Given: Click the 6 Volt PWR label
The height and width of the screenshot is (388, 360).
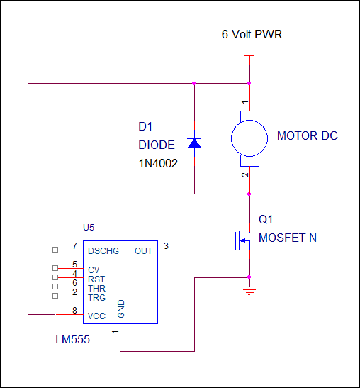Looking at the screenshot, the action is click(252, 34).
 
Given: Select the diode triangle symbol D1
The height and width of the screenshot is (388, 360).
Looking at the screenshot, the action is click(194, 143).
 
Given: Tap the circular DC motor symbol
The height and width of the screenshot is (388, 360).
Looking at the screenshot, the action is click(249, 138).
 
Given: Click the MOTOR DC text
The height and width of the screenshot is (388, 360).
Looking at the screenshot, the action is click(308, 136).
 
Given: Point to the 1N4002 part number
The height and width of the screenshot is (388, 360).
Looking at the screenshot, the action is click(158, 164).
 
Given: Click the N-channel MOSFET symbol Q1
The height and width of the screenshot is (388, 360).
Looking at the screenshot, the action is click(242, 240).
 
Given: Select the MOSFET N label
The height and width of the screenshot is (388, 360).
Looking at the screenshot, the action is click(288, 238).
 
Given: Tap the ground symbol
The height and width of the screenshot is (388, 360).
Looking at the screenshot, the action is click(249, 291).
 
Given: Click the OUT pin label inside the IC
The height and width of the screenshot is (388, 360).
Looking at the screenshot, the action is click(143, 251).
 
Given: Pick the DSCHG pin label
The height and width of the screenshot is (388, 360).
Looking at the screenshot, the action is click(103, 251).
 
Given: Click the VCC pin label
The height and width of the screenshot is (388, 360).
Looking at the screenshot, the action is click(96, 316).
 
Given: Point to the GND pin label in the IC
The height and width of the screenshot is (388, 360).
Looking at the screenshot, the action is click(121, 309).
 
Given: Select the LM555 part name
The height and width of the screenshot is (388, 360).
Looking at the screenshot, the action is click(73, 340).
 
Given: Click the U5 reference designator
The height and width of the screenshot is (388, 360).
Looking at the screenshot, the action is click(89, 228).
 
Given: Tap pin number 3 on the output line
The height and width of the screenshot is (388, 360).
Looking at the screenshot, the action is click(166, 245).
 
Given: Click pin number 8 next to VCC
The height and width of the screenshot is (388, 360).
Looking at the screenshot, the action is click(74, 310).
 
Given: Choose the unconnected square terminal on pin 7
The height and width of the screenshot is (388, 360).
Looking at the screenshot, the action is click(55, 250).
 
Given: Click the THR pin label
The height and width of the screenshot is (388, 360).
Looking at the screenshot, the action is click(96, 288).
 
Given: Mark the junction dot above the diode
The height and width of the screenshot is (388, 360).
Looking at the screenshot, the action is click(194, 84).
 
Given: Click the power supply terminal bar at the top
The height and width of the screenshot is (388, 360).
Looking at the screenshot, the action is click(249, 56).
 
